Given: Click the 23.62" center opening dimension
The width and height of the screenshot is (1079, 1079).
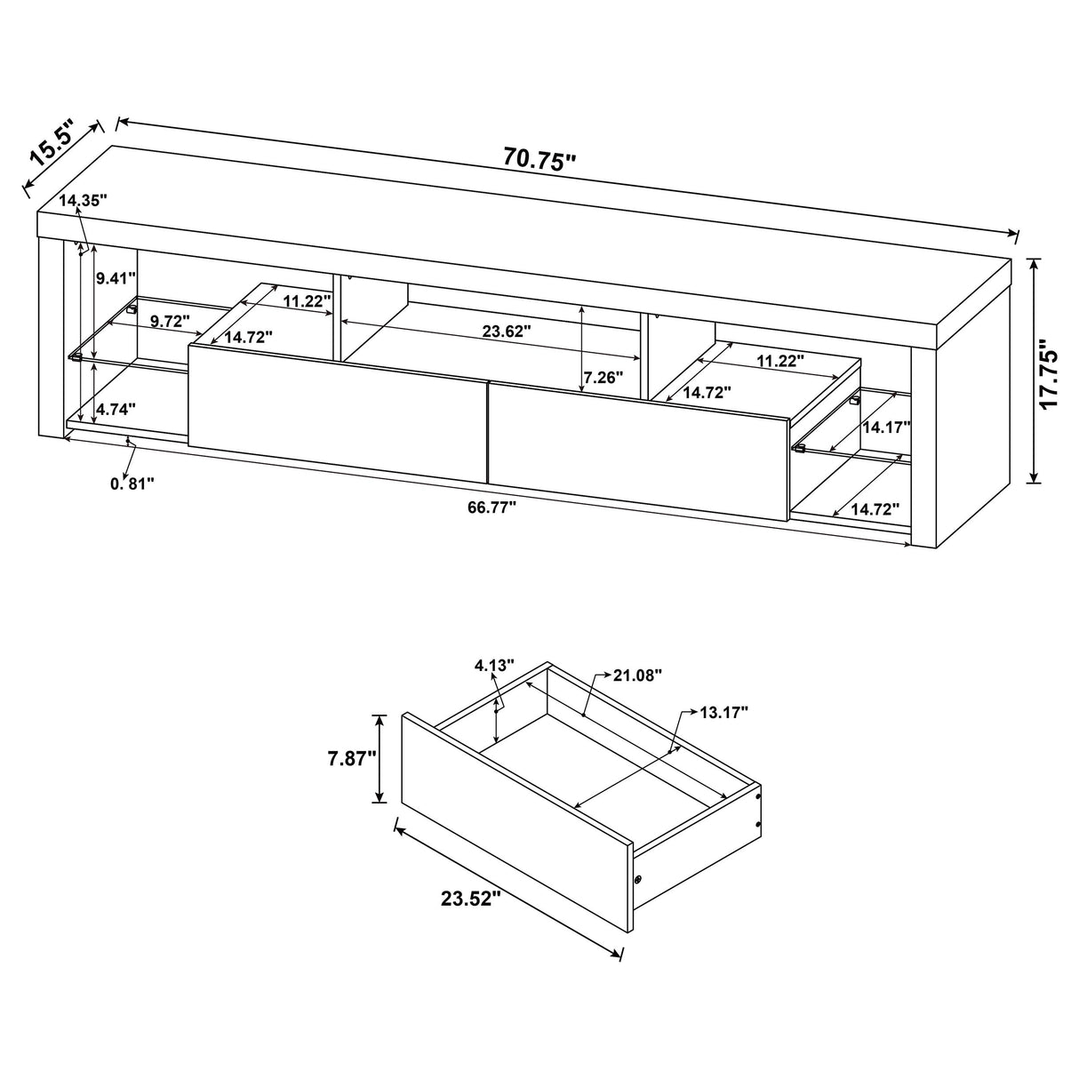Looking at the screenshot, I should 507,331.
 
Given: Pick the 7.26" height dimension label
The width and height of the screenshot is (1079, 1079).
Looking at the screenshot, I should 603,377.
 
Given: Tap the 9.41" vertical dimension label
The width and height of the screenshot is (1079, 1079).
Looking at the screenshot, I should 116,278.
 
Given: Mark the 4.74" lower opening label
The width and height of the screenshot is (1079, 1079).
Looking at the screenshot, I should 116,409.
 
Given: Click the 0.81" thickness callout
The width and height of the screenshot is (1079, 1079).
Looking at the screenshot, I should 132,483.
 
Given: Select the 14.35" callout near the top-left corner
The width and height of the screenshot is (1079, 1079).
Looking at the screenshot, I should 83,201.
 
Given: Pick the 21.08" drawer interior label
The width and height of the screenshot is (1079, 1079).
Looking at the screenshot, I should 638,675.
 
